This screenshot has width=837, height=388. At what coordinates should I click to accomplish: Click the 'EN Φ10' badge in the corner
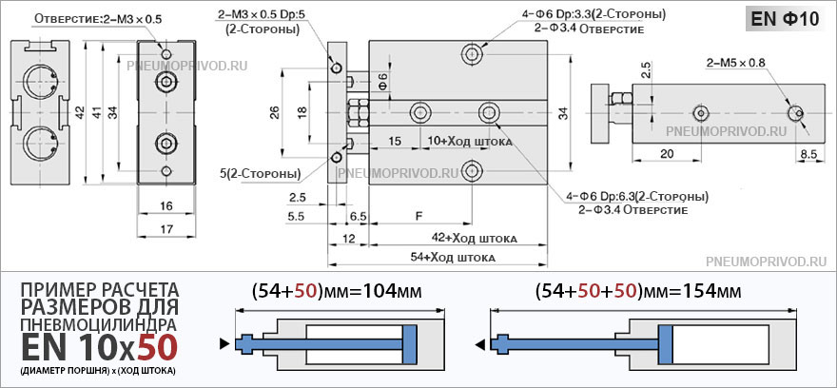click(x=785, y=19)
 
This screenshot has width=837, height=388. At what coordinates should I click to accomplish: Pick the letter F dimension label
click(x=419, y=216)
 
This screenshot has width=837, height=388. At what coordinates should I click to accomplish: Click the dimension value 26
click(x=274, y=112)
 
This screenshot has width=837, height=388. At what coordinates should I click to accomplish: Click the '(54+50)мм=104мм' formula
click(x=335, y=291)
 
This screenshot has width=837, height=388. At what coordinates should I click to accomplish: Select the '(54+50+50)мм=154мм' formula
click(x=637, y=291)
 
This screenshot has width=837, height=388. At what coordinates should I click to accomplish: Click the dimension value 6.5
click(x=358, y=217)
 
